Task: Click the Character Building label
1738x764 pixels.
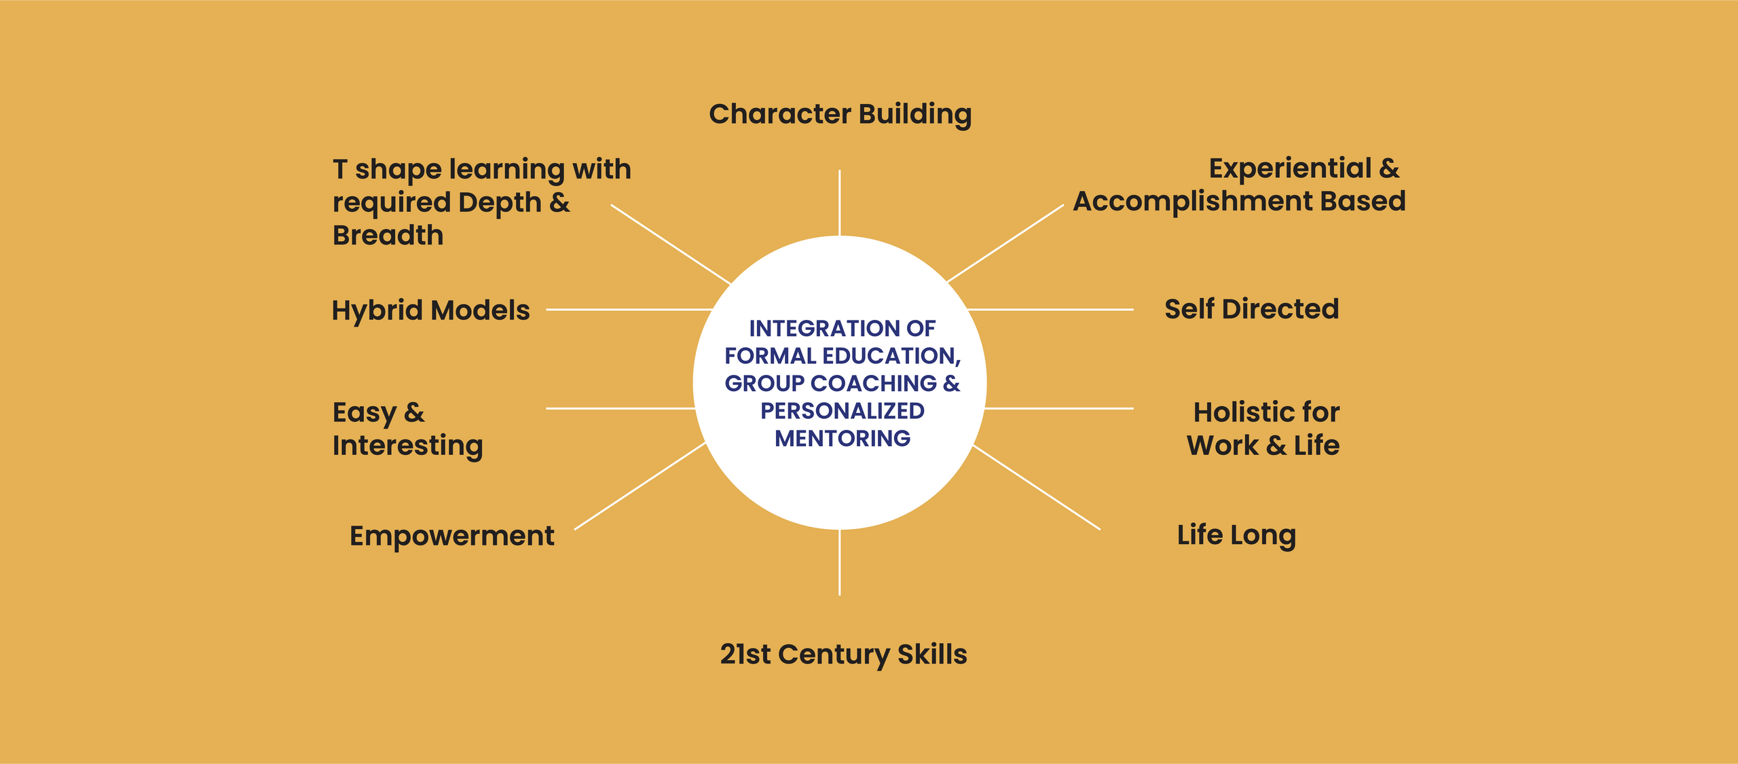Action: tap(840, 114)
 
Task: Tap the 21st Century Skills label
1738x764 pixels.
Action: tap(843, 654)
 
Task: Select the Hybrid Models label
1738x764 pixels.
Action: tap(430, 310)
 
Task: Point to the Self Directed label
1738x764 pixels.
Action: tap(1251, 309)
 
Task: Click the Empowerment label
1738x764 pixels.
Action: tap(451, 536)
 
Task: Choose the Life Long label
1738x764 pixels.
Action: tap(1236, 535)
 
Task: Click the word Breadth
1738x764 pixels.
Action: tap(388, 235)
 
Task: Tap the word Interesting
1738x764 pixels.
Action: tap(407, 445)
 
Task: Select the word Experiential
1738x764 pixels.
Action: tap(1290, 168)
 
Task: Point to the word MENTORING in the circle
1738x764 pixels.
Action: tap(843, 439)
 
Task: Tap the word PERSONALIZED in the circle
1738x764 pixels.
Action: tap(843, 411)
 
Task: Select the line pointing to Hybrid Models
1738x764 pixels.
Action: tap(628, 310)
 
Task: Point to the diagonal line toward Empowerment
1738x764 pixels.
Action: tap(640, 486)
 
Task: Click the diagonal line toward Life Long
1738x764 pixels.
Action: tap(1036, 487)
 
